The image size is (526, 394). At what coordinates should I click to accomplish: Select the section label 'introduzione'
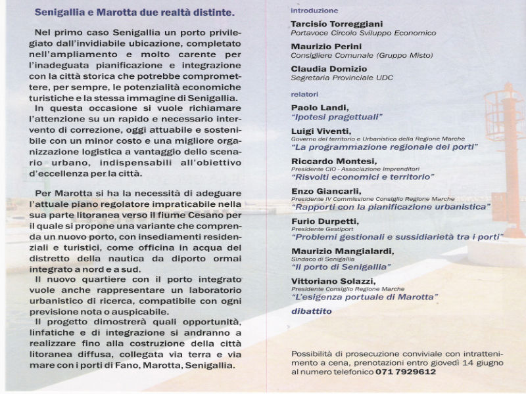pos(314,11)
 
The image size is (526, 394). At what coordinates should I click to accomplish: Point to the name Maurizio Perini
pos(322,47)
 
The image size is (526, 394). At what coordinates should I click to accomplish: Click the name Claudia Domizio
pos(325,69)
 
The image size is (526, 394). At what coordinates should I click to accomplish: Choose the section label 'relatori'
pos(306,93)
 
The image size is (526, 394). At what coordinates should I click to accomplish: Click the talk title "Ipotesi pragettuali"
pos(337,117)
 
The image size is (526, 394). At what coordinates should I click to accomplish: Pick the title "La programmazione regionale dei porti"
pos(384,147)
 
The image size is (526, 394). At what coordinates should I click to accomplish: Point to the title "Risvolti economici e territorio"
pos(363,177)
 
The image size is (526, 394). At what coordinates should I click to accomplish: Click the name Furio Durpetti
pos(325,221)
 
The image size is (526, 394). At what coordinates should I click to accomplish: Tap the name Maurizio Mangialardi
pos(343,251)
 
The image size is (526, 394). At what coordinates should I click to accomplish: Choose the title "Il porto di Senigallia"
pos(341,267)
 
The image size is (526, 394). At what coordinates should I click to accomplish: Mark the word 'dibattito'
pos(312,311)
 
